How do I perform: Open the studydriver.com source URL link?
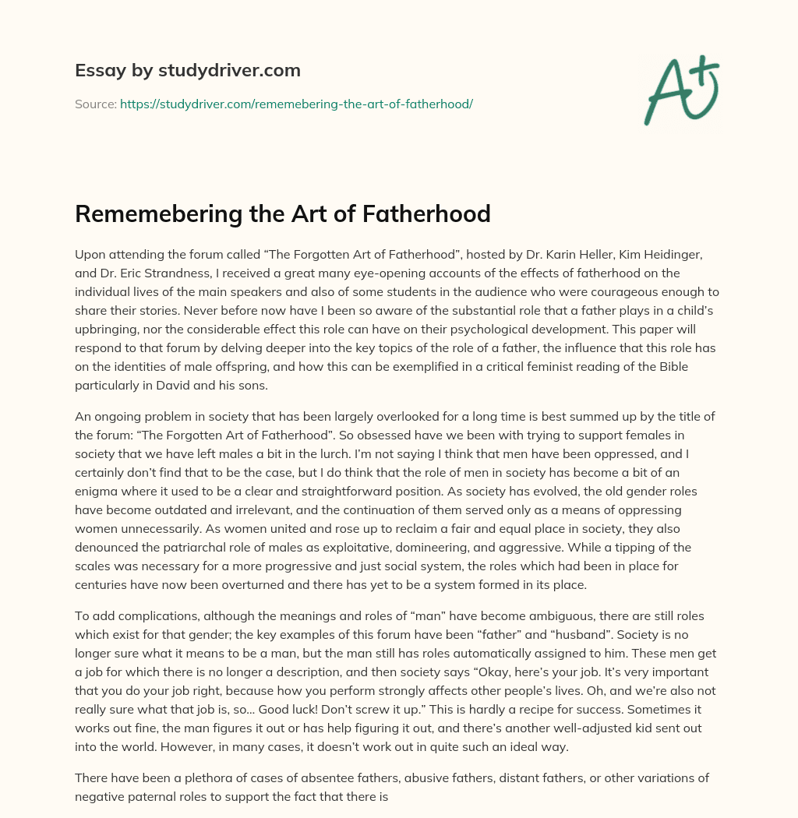point(296,104)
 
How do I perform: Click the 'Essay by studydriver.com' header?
point(188,70)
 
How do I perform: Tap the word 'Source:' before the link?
point(96,104)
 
